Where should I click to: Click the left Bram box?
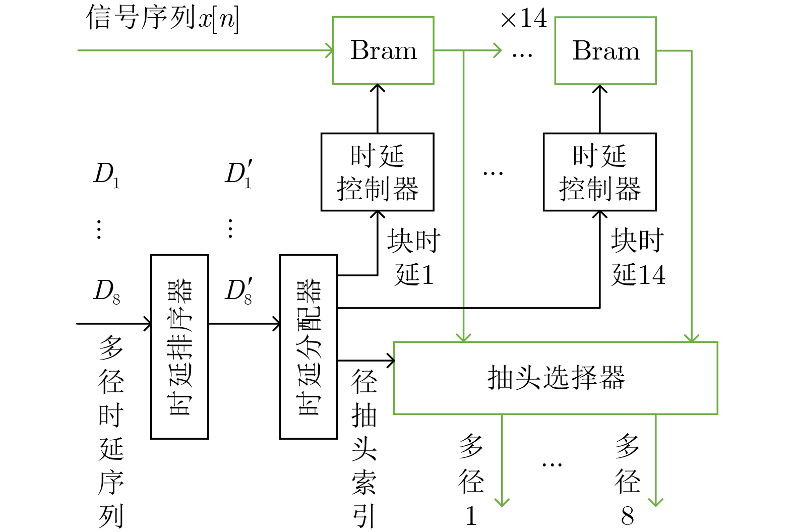(x=383, y=50)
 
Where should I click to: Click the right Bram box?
(x=605, y=50)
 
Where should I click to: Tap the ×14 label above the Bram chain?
(x=524, y=19)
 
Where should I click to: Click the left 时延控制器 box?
(x=377, y=172)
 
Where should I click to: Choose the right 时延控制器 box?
(x=599, y=172)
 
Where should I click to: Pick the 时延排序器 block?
(x=179, y=346)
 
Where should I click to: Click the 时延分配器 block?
(x=308, y=346)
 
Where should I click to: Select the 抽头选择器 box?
(x=555, y=378)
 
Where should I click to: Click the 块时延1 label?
(x=414, y=258)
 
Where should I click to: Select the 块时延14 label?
(x=638, y=258)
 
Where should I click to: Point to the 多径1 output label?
(x=471, y=479)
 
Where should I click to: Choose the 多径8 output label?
(x=627, y=479)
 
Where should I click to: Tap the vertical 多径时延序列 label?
(x=111, y=431)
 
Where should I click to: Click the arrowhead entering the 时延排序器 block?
(x=148, y=323)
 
